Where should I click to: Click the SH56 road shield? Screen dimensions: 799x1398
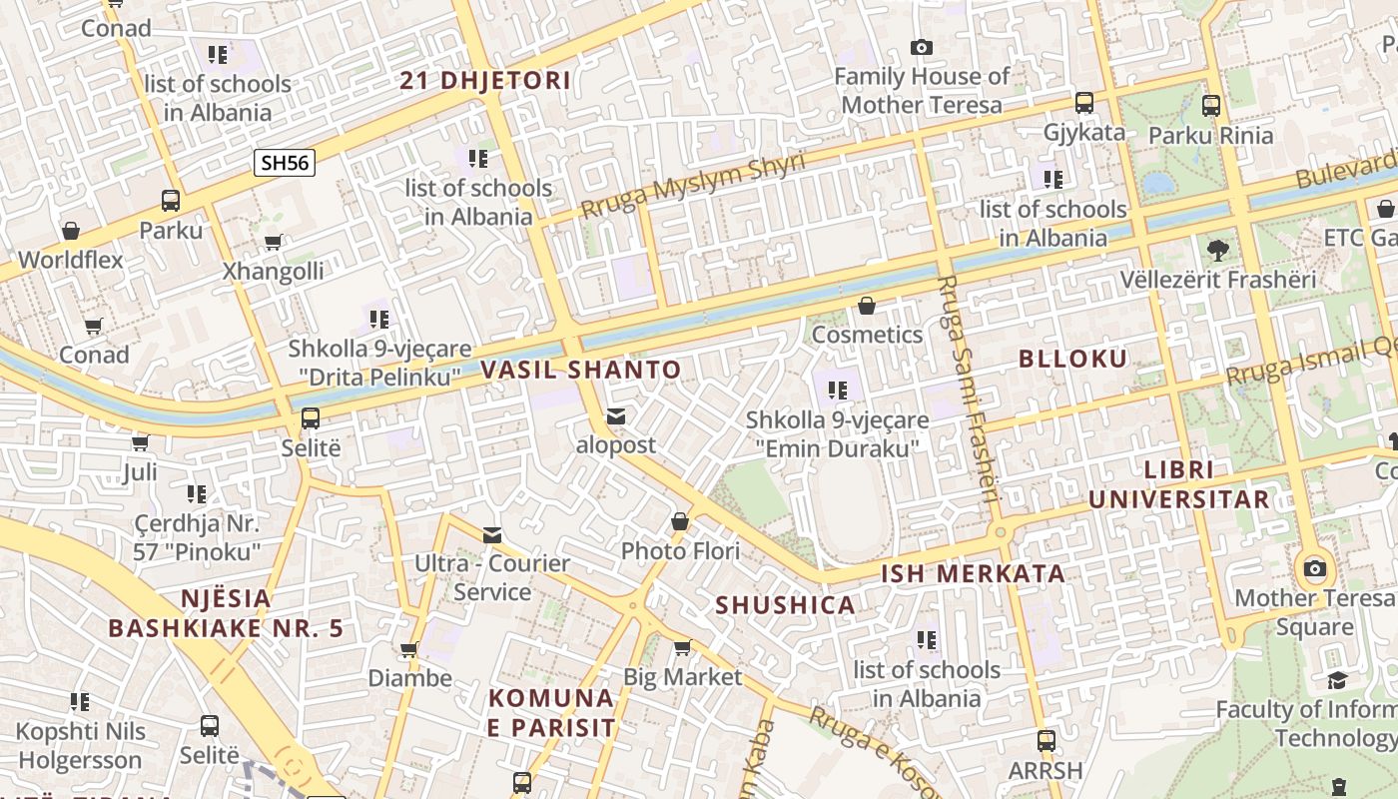coord(285,163)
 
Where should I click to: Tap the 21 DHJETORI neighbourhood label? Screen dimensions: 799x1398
coord(485,81)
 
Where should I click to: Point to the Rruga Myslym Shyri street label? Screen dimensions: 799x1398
coord(692,186)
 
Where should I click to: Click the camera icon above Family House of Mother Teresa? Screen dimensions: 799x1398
coord(921,47)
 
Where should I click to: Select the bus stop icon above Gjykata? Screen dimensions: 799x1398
coord(1083,103)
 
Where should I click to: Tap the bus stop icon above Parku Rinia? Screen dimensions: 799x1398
coord(1210,105)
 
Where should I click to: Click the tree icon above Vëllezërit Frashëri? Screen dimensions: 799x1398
coord(1217,250)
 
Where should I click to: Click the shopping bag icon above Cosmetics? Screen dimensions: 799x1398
coord(867,306)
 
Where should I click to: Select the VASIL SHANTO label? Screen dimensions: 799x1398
coord(581,371)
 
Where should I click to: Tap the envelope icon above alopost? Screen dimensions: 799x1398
coord(616,415)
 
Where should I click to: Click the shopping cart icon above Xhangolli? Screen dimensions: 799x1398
coord(273,242)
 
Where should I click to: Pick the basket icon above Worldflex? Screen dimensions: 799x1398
coord(71,232)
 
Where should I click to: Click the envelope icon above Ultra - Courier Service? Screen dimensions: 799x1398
coord(492,534)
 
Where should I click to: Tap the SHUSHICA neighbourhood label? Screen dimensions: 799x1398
coord(785,605)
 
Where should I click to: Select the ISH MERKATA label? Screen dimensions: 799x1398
coord(972,574)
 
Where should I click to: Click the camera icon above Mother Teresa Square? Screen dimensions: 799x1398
coord(1315,569)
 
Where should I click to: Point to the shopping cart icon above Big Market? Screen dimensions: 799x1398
coord(682,648)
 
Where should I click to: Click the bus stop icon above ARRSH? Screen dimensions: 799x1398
coord(1046,741)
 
